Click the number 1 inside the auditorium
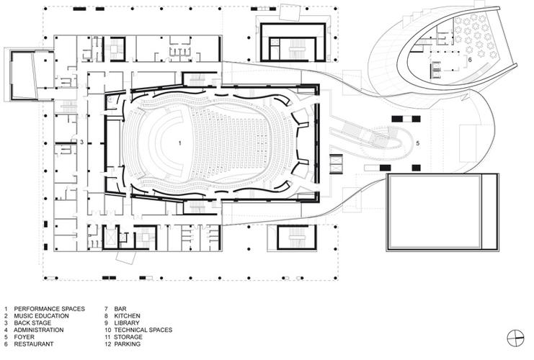180,143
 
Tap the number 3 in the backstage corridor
81,142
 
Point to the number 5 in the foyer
417,143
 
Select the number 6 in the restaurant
470,60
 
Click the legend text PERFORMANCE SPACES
50,309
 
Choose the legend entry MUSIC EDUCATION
41,316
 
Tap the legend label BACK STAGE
32,323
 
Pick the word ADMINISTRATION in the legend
38,330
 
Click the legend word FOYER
24,337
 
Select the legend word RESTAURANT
34,344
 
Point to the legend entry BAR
120,309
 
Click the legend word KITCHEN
127,316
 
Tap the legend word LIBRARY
127,323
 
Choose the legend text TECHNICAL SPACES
143,330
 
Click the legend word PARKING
128,344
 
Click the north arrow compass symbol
515,338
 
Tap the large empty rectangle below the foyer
435,212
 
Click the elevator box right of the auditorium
336,164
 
